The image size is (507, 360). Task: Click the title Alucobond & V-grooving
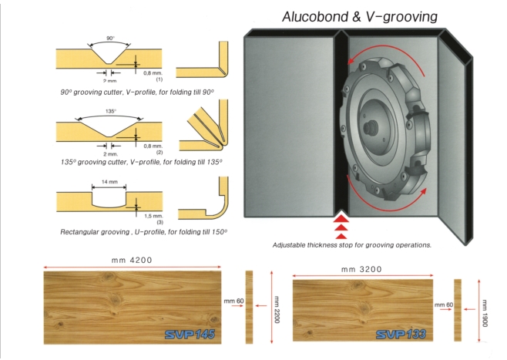(x=360, y=16)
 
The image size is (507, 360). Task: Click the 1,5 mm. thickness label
(x=153, y=217)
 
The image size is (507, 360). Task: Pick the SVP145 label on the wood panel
(x=188, y=335)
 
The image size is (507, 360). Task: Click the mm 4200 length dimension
(x=131, y=260)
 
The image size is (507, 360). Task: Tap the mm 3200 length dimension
(x=361, y=270)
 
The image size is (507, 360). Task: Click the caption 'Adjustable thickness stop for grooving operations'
(x=351, y=245)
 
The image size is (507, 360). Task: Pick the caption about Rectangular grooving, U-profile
(x=143, y=231)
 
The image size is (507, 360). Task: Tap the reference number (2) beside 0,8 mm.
(x=159, y=152)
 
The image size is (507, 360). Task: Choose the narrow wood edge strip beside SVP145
(x=249, y=306)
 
